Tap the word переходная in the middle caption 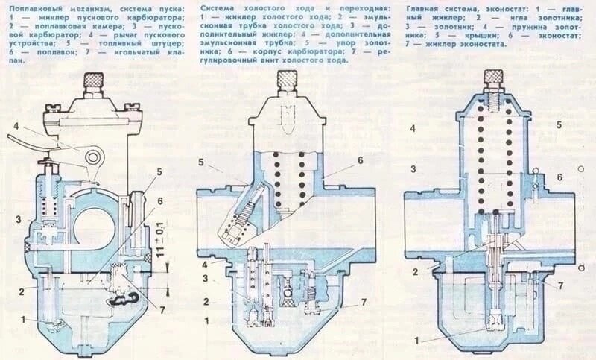(323, 7)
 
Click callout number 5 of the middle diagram (201, 161)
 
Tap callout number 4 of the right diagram (412, 129)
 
